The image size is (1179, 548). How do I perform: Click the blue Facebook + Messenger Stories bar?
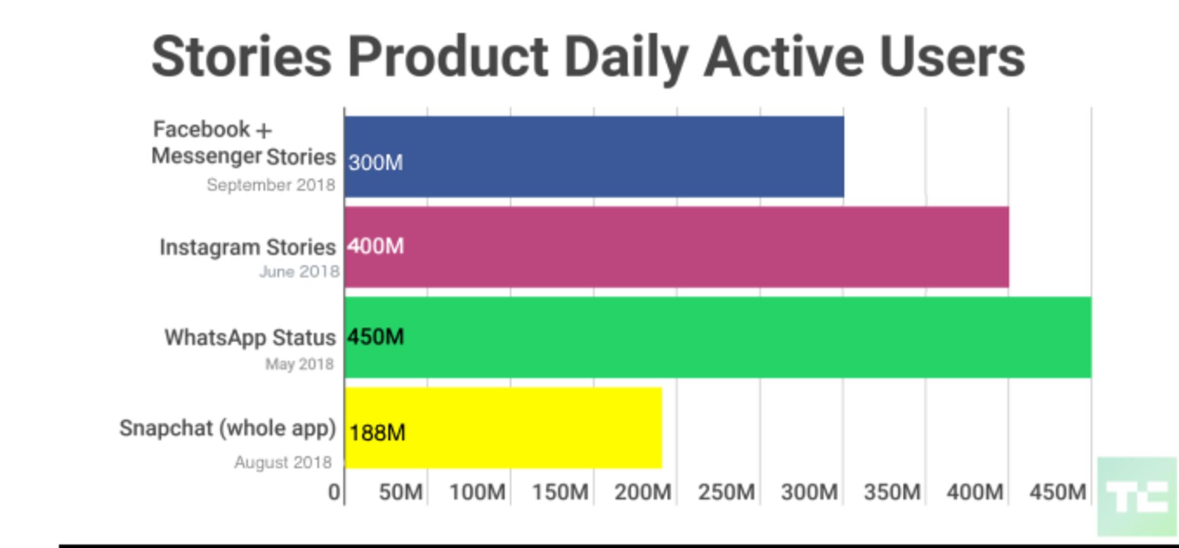594,157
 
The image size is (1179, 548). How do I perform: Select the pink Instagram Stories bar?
676,247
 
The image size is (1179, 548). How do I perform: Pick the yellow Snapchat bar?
503,428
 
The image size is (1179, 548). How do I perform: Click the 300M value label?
376,163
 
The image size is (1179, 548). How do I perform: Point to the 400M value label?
376,246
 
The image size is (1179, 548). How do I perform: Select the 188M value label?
377,433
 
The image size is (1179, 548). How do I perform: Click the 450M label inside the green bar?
376,337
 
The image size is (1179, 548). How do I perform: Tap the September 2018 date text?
271,185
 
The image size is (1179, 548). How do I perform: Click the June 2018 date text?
299,272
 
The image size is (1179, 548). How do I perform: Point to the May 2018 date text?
300,364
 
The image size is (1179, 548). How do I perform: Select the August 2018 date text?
283,462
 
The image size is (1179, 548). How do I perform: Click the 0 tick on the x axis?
334,492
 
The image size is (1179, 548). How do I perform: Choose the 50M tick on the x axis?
401,492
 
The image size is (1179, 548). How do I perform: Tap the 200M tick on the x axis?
642,492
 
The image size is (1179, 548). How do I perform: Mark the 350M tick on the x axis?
892,492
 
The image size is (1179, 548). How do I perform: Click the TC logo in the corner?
1137,496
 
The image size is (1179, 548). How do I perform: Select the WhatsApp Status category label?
250,338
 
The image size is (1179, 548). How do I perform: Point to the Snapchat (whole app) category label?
228,428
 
